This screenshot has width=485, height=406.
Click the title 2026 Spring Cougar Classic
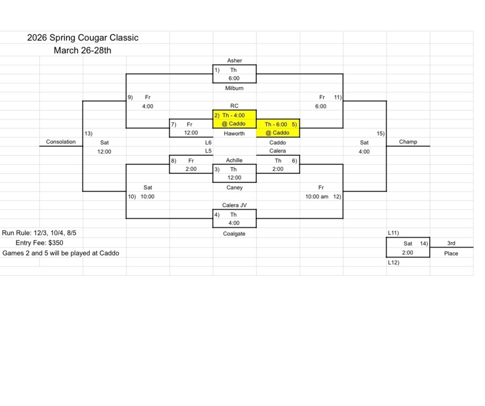(82, 37)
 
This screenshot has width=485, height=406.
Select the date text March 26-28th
(82, 50)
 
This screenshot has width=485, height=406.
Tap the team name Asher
(234, 60)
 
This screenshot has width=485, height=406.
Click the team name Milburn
(234, 88)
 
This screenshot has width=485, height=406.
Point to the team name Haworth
(234, 133)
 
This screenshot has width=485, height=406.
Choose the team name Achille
(234, 160)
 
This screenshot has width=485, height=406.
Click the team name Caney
(234, 187)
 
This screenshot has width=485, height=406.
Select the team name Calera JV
(234, 205)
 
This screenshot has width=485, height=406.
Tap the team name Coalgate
(234, 233)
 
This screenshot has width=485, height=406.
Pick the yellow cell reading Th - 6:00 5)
(279, 124)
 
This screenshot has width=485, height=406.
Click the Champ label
(408, 141)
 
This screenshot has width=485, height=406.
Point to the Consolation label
(61, 141)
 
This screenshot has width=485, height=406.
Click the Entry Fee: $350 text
(39, 243)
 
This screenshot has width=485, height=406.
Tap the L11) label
(393, 233)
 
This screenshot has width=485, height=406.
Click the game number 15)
(380, 133)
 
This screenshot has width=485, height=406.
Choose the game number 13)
(88, 133)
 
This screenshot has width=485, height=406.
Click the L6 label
(208, 142)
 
